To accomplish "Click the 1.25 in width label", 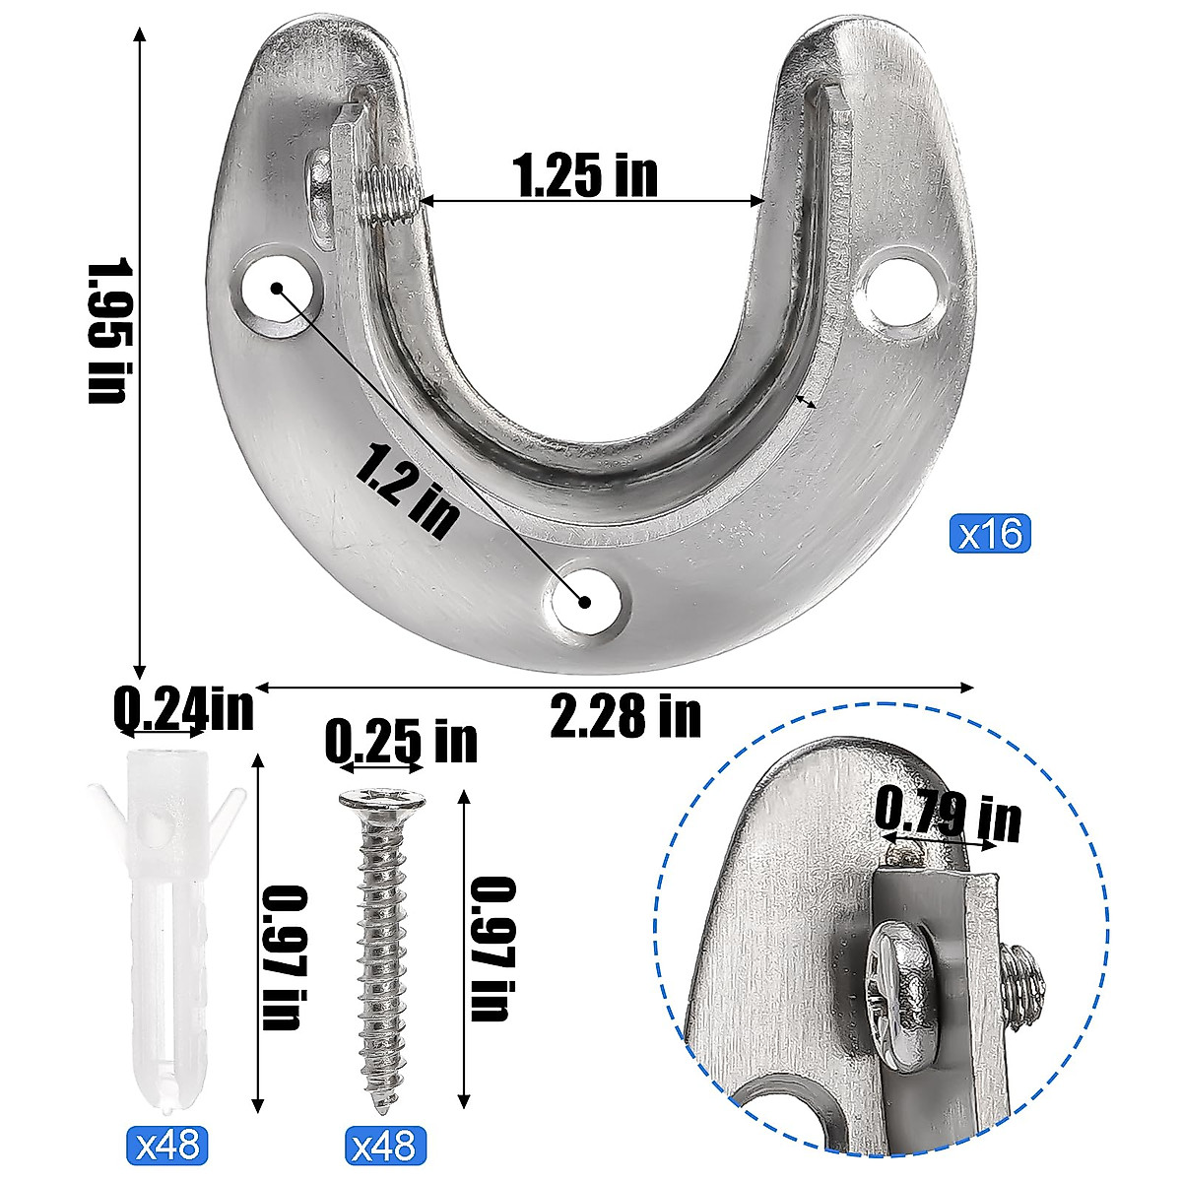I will click(x=585, y=175).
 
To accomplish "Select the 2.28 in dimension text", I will click(x=625, y=716).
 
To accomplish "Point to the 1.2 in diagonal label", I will click(x=407, y=490).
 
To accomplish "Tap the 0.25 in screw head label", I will click(x=400, y=741).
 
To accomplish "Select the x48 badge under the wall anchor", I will click(x=167, y=1146).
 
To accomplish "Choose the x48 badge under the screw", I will click(x=386, y=1146).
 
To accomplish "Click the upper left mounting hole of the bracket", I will click(x=278, y=293).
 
